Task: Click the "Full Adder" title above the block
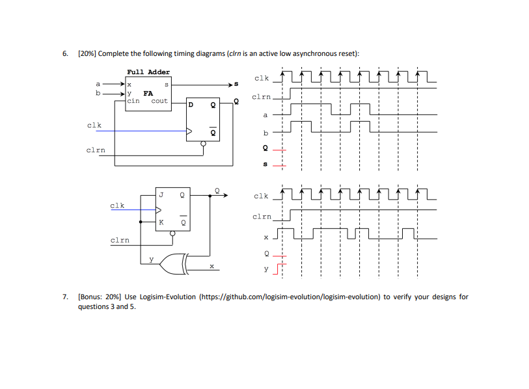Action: [x=148, y=72]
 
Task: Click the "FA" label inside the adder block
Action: [x=148, y=93]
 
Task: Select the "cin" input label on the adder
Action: [x=133, y=101]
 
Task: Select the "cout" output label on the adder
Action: [x=159, y=101]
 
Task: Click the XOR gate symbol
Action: [x=176, y=263]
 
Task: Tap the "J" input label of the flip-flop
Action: [x=161, y=193]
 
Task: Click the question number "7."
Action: [x=66, y=297]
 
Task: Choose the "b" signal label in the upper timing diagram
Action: [x=265, y=133]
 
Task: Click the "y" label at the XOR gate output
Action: [x=152, y=259]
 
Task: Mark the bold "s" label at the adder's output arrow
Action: [x=236, y=84]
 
